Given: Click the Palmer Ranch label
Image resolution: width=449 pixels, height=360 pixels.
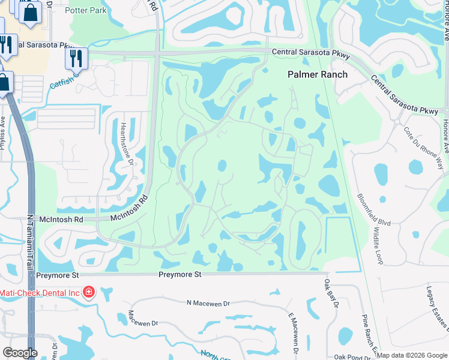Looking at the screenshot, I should coord(318,74).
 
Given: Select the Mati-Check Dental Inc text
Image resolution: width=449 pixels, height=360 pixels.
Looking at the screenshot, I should coord(40,292).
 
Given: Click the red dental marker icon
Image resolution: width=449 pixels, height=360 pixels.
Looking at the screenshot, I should coord(89,292).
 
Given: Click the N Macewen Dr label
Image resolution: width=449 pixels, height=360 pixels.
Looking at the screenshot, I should coord(208,304).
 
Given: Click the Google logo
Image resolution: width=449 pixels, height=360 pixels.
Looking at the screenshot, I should coord(20,353).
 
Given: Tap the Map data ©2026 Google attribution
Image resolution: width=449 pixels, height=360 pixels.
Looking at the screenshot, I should coord(412,355).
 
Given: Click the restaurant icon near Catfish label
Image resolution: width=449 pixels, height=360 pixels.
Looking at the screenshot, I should coord(76,58).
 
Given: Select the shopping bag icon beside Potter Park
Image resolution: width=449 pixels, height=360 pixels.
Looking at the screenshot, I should coord(30,13).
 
